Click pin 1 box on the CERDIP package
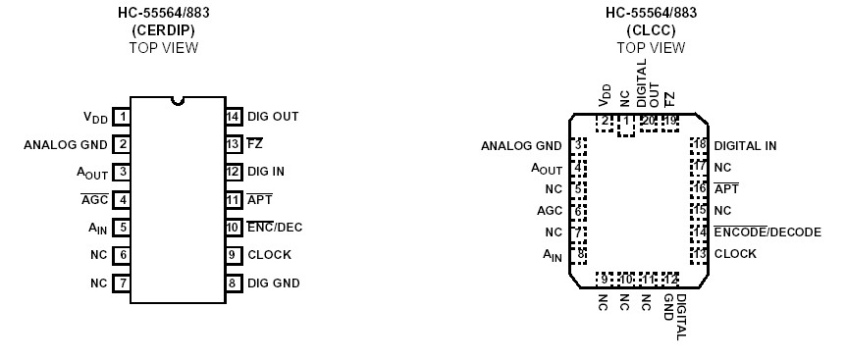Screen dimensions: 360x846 coord(122,117)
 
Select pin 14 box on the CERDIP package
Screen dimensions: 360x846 coord(234,117)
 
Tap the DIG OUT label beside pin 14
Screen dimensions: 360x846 coord(273,117)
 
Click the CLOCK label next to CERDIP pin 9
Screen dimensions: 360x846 coord(270,255)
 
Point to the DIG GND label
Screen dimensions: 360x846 coord(274,283)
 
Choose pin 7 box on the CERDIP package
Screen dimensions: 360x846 coord(122,283)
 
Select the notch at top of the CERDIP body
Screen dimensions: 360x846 coord(178,99)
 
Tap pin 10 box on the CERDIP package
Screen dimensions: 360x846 coord(234,228)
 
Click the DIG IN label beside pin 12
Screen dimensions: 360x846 coord(268,172)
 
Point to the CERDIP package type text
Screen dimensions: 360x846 coord(164,29)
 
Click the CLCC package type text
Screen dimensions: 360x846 coord(644,29)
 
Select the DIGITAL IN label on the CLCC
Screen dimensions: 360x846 coord(745,145)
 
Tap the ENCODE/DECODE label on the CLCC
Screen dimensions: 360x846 coord(767,232)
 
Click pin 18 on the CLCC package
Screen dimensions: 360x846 coord(700,145)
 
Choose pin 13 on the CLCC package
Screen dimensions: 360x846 coord(700,254)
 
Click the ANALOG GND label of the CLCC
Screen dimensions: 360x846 coord(521,146)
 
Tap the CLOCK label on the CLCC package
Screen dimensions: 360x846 coord(735,254)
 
